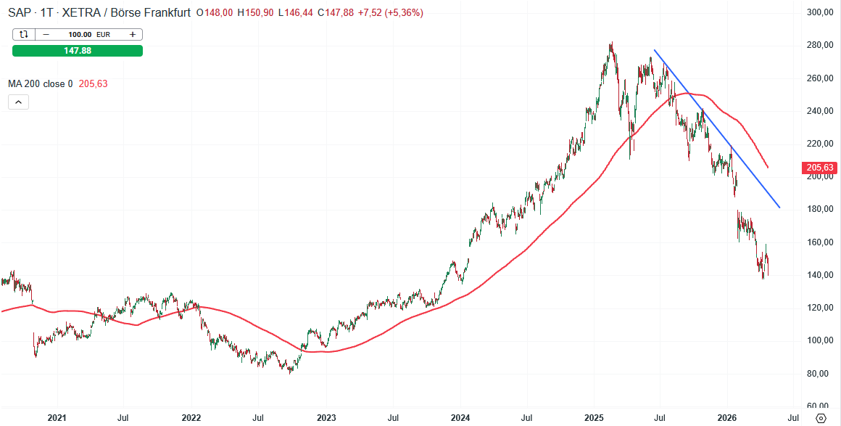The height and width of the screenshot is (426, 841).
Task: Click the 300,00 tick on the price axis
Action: [x=821, y=12]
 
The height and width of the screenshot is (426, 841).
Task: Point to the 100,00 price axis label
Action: [x=821, y=340]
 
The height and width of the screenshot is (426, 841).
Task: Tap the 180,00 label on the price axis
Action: [x=821, y=209]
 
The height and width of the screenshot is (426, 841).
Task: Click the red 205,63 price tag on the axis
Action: [x=821, y=168]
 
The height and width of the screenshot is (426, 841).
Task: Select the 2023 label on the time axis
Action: [x=326, y=418]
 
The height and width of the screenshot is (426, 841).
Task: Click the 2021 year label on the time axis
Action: [x=57, y=418]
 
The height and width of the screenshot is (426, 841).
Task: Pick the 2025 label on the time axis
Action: [x=594, y=418]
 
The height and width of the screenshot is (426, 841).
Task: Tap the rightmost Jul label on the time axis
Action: [x=794, y=418]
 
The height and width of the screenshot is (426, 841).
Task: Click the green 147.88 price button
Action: [x=78, y=50]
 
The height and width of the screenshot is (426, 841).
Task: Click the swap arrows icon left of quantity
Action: [x=24, y=34]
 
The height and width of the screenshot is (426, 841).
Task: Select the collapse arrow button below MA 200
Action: [x=19, y=102]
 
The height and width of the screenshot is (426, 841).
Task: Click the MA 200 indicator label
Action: [x=40, y=83]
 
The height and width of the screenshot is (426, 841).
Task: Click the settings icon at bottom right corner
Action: [x=821, y=418]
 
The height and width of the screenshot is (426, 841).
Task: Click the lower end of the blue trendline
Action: [x=779, y=208]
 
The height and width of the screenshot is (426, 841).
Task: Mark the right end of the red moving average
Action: [x=768, y=168]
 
